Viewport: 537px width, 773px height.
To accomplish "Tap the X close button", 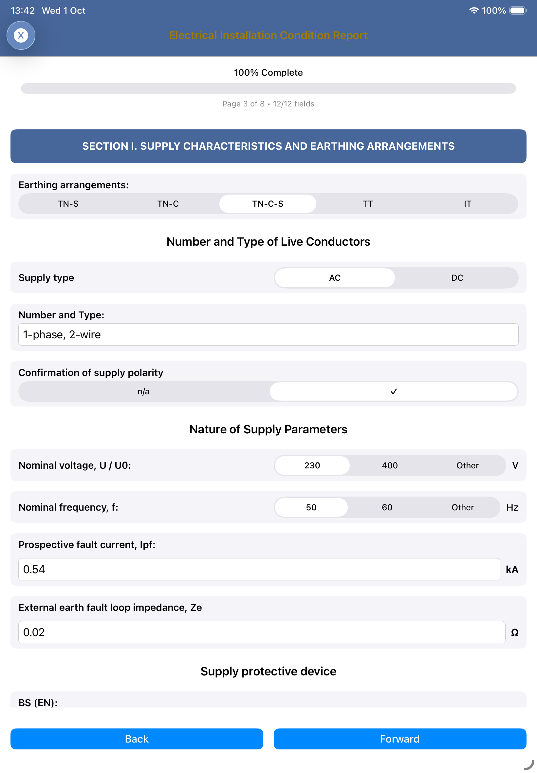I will [x=21, y=35].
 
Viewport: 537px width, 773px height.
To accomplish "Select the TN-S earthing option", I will [x=68, y=204].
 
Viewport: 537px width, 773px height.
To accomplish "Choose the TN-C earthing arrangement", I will [x=168, y=204].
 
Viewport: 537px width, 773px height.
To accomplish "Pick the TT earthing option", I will [x=367, y=204].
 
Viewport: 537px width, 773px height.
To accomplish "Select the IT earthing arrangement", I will [x=467, y=204].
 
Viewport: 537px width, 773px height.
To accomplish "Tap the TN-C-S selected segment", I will [x=268, y=204].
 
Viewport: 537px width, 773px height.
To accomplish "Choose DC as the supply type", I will [x=457, y=278].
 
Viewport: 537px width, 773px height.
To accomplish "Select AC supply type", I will [x=335, y=278].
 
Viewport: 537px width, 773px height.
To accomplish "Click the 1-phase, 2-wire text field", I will [x=268, y=334].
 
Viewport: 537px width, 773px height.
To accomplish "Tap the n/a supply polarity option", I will [x=143, y=391].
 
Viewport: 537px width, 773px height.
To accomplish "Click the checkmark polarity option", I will [x=393, y=391].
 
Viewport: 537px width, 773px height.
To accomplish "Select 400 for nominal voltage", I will [x=390, y=465].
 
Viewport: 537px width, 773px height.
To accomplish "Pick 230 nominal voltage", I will [x=312, y=465].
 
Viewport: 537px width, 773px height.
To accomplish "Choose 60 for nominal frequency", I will [x=387, y=507].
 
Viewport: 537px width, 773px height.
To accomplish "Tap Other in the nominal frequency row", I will [x=462, y=507].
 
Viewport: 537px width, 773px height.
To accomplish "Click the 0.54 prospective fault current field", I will [x=259, y=569].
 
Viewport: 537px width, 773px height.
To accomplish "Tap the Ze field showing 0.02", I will [x=261, y=632].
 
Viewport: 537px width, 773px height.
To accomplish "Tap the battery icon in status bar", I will [x=517, y=10].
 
